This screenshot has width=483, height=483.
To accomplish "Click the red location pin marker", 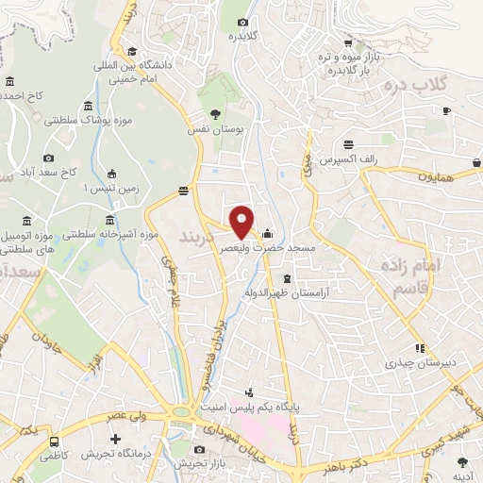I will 242,221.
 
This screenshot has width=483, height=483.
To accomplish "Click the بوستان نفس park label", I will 209,127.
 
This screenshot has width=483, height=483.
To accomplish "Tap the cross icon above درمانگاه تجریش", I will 116,440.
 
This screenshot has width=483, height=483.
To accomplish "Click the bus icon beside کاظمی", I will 55,441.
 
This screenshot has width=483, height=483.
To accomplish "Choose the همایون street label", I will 438,176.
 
